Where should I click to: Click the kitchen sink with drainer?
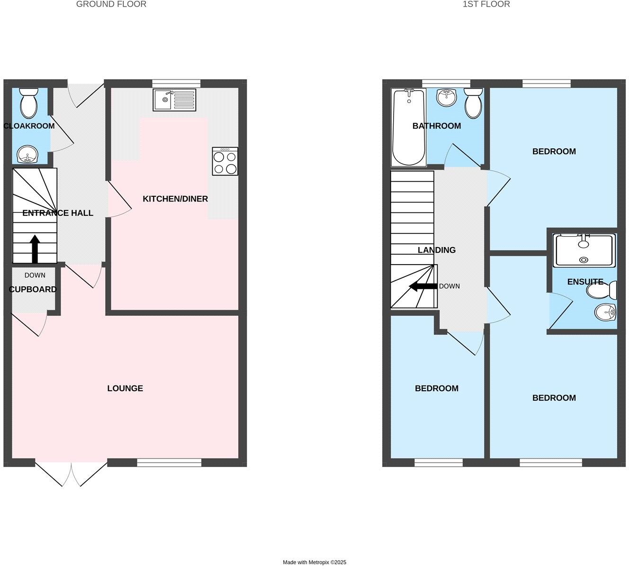point(174,100)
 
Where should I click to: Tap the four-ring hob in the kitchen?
point(225,161)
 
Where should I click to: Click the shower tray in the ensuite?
point(585,249)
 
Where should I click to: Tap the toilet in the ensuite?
point(602,290)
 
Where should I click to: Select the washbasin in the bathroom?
point(446,97)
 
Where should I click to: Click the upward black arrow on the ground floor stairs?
point(35,249)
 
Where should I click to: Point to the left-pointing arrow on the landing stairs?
point(423,286)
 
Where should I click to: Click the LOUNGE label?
point(125,388)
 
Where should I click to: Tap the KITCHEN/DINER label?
point(175,199)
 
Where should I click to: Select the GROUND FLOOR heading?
point(111,4)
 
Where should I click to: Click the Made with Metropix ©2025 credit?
point(314,562)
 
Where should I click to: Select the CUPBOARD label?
point(33,289)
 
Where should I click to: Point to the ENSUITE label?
point(585,282)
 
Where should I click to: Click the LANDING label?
point(436,250)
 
